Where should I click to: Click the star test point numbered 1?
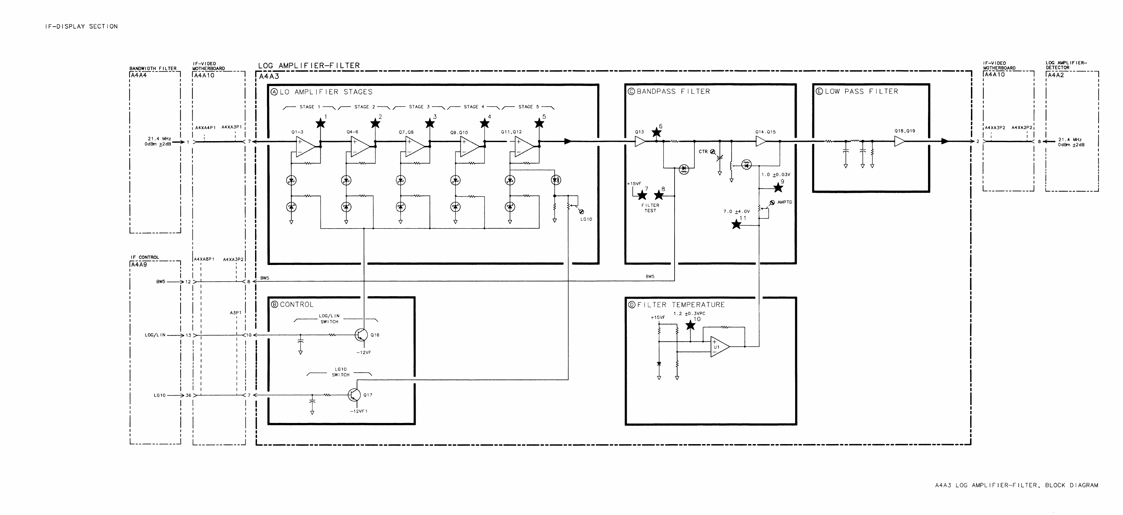click(320, 124)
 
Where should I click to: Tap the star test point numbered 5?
click(539, 124)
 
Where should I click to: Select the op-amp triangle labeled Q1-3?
click(305, 147)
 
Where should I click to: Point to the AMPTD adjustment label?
click(785, 202)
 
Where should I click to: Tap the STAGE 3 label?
click(419, 107)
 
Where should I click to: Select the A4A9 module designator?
click(139, 264)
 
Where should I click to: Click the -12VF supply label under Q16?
click(364, 352)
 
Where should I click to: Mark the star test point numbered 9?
click(778, 188)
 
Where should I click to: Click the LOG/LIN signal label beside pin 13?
click(155, 335)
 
